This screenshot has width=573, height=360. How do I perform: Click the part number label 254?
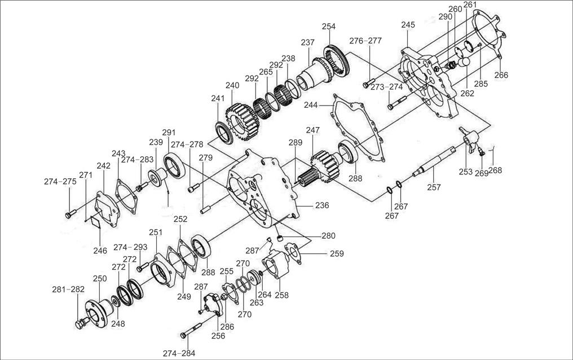point(328,27)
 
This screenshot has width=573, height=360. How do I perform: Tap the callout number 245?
point(408,25)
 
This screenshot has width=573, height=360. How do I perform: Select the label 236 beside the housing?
point(321,206)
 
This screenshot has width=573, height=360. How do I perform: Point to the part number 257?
point(433,187)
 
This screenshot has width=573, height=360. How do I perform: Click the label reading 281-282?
point(68,289)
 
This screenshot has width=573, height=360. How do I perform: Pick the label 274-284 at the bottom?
point(179,353)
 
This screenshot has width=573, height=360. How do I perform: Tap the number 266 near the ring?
point(501,75)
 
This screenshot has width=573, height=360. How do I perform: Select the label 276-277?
point(365,41)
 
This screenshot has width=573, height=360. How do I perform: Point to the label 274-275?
point(60,182)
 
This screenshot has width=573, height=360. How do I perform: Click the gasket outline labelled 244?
point(355,128)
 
